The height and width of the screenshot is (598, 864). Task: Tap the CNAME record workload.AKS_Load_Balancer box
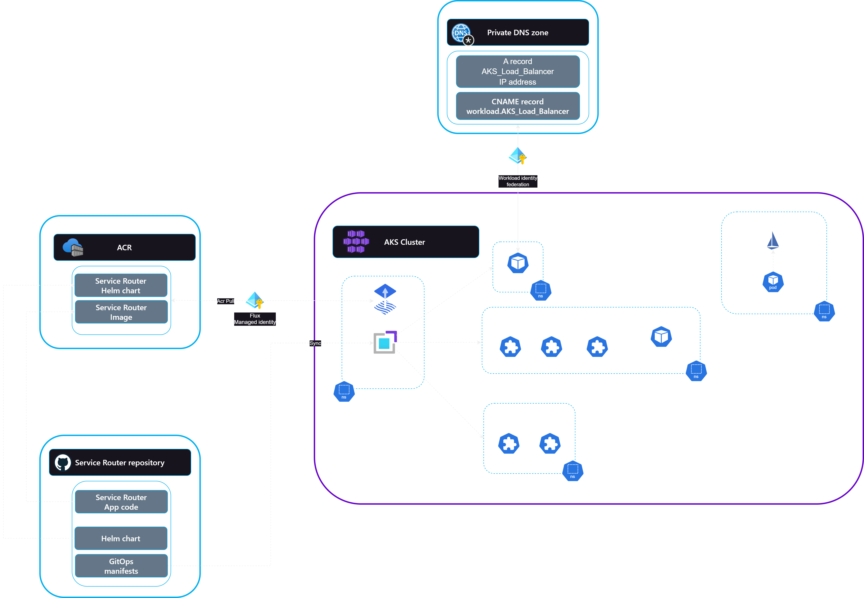tap(518, 106)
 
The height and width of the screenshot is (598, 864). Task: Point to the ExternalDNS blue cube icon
tap(518, 263)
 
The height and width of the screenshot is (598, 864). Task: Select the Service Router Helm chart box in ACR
tap(121, 286)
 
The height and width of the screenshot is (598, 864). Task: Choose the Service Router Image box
tap(121, 312)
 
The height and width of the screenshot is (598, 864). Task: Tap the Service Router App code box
tap(121, 502)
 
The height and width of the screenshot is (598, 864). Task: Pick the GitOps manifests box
tap(121, 566)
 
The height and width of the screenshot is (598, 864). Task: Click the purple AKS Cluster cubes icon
tap(356, 242)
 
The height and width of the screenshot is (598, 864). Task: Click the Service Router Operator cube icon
tap(661, 337)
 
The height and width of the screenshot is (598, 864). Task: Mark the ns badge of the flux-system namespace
tap(344, 392)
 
